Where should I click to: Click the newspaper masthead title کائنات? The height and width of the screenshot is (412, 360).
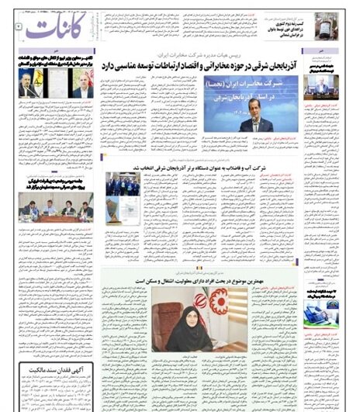[x=53, y=29]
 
